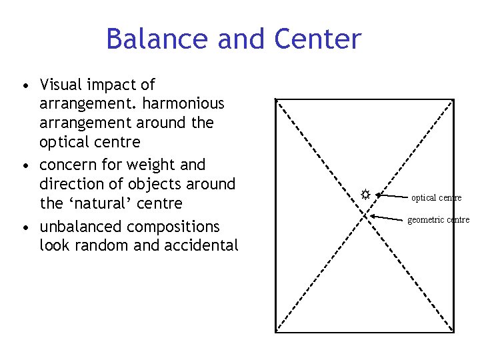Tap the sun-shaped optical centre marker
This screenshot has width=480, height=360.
tap(365, 195)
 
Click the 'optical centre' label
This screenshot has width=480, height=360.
tap(436, 198)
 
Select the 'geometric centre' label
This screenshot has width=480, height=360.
tap(438, 220)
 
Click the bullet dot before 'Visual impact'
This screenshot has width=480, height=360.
tap(25, 86)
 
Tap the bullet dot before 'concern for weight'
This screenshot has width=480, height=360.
tap(25, 165)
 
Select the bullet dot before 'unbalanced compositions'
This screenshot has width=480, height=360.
tap(25, 228)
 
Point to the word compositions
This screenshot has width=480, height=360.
tap(173, 227)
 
